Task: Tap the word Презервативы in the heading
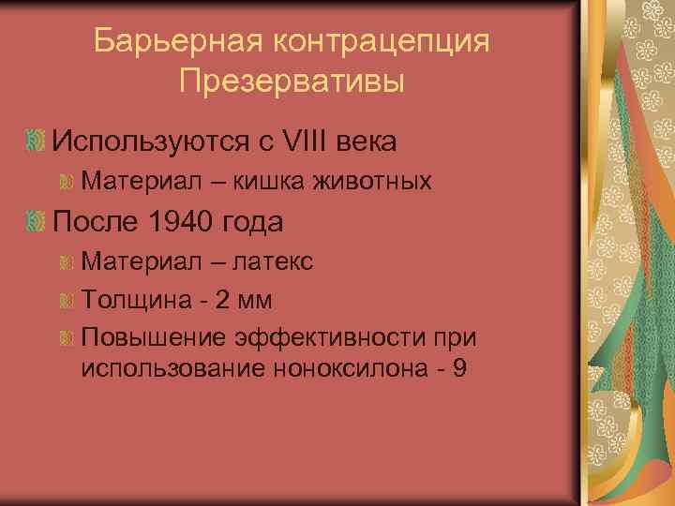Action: coord(292,81)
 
